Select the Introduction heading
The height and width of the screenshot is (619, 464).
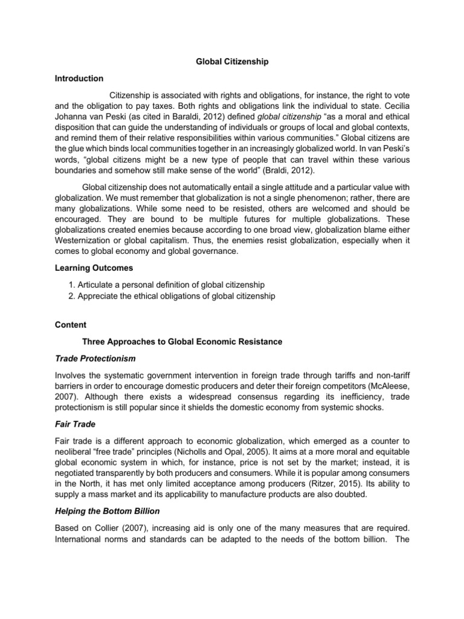pyautogui.click(x=79, y=79)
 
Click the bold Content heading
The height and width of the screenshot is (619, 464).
pyautogui.click(x=70, y=325)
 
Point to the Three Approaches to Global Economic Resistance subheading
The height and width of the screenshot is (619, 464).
pyautogui.click(x=182, y=342)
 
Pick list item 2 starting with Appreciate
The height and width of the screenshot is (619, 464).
pyautogui.click(x=172, y=296)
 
